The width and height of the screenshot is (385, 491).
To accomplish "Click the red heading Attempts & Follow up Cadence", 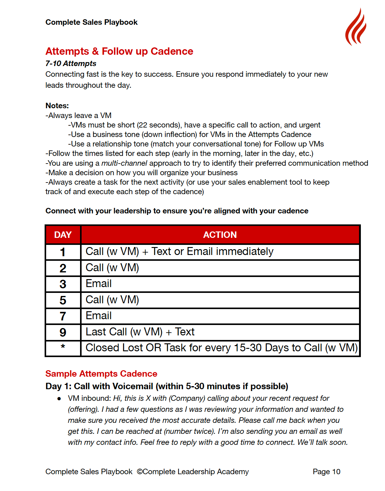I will (x=119, y=51).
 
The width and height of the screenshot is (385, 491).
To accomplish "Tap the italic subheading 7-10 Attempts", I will (x=71, y=64).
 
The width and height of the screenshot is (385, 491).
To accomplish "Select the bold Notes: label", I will (x=57, y=106).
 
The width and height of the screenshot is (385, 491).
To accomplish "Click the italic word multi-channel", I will (x=124, y=163).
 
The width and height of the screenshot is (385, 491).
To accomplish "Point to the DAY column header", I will (x=63, y=235).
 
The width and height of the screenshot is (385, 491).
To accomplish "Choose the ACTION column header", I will (x=220, y=235).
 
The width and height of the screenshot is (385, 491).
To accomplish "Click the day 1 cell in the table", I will (x=63, y=252).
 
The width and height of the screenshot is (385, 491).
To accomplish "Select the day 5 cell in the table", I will (x=63, y=300).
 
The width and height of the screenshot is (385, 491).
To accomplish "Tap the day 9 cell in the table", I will (x=63, y=332).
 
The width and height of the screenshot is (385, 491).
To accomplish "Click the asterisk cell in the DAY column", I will (x=63, y=347).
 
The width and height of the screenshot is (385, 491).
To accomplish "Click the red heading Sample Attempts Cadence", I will (x=101, y=374).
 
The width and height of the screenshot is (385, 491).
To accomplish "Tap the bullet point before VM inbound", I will (x=59, y=399).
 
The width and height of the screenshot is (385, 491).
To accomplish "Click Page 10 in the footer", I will (x=326, y=472).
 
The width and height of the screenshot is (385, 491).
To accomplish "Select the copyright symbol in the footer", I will (x=140, y=472).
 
